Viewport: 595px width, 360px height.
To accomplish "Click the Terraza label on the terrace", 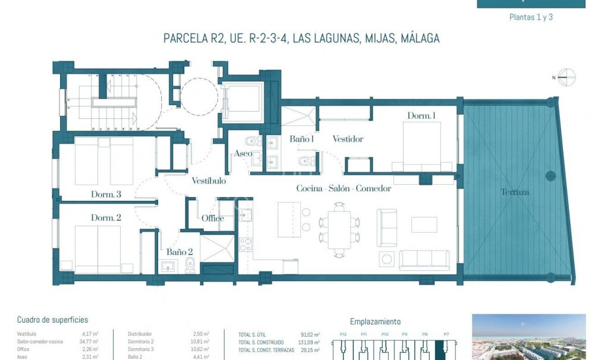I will click(515, 192).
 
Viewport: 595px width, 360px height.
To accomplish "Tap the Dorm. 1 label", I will click(421, 115).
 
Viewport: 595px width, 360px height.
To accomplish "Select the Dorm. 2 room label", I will click(106, 218).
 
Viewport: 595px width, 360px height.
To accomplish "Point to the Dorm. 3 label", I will click(106, 194).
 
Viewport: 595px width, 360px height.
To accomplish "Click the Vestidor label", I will click(348, 139).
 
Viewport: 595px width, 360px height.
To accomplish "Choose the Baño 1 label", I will click(301, 139).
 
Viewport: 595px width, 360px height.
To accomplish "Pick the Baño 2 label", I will click(179, 252).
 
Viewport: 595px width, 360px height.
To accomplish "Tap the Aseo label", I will click(243, 153).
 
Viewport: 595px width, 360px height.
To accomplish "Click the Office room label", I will click(213, 218).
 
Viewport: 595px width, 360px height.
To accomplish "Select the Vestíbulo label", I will click(208, 181).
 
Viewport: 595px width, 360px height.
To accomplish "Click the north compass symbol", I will click(566, 77).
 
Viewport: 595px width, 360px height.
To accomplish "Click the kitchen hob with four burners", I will click(245, 244).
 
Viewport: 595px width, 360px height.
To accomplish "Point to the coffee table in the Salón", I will click(424, 225).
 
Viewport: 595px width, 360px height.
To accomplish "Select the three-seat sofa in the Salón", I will click(424, 260).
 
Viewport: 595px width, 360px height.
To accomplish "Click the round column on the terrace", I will click(550, 176).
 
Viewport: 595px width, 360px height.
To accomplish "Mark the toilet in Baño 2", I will click(190, 265).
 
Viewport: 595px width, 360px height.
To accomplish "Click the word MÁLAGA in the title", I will click(420, 39).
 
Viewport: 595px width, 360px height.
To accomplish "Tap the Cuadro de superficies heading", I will click(52, 320).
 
